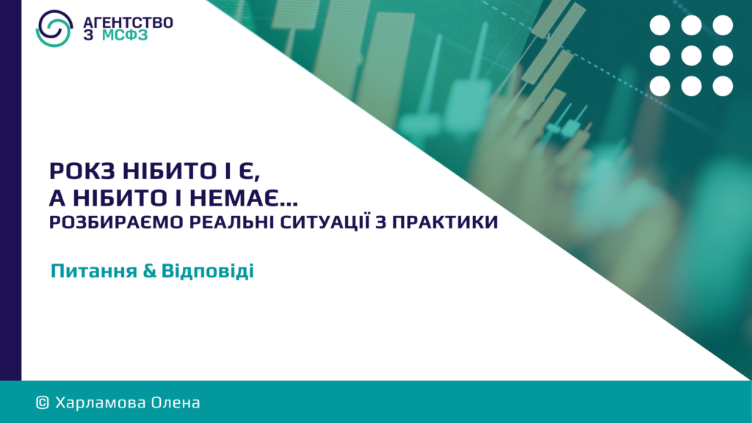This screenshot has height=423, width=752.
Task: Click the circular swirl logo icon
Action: [54, 29]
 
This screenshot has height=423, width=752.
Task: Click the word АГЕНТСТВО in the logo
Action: [128, 23]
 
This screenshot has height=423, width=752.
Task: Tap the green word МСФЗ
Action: [125, 35]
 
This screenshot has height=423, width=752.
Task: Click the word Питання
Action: [94, 271]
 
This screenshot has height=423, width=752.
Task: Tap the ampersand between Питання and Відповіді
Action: [150, 271]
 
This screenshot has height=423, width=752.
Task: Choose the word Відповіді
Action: [208, 271]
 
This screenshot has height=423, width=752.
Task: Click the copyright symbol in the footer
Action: [42, 403]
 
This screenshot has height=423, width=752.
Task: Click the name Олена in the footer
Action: [176, 402]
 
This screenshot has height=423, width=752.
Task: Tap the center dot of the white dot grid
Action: [691, 56]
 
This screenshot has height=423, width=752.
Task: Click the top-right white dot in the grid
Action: [723, 26]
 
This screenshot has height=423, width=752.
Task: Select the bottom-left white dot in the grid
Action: [660, 87]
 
